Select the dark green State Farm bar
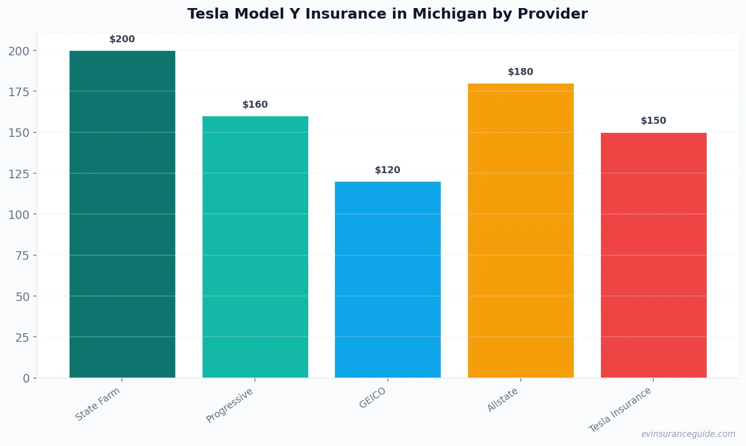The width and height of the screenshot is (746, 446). [x=122, y=214]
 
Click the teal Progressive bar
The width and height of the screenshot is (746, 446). [x=255, y=247]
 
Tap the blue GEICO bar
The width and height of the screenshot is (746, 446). [x=388, y=279]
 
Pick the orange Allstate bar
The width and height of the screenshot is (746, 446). [x=520, y=231]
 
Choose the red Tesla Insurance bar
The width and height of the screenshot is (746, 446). [x=653, y=255]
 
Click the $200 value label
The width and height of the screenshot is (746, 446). [x=122, y=39]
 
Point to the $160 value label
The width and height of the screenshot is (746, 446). [x=255, y=105]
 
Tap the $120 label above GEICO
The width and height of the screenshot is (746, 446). [x=387, y=170]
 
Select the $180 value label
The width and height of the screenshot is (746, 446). [x=520, y=72]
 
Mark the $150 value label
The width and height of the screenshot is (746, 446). [x=653, y=121]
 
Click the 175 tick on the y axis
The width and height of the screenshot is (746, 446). [x=19, y=92]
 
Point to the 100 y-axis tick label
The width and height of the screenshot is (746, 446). [x=19, y=214]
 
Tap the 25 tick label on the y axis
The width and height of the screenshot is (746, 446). [x=22, y=337]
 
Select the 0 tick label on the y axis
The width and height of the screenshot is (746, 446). [x=26, y=379]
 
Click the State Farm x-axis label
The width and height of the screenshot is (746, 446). [x=98, y=404]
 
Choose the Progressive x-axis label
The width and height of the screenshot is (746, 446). [x=230, y=406]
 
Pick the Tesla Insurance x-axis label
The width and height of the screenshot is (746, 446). [x=620, y=410]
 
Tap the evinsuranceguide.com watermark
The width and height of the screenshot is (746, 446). [x=688, y=434]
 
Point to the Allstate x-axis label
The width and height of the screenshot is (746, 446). [x=503, y=400]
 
